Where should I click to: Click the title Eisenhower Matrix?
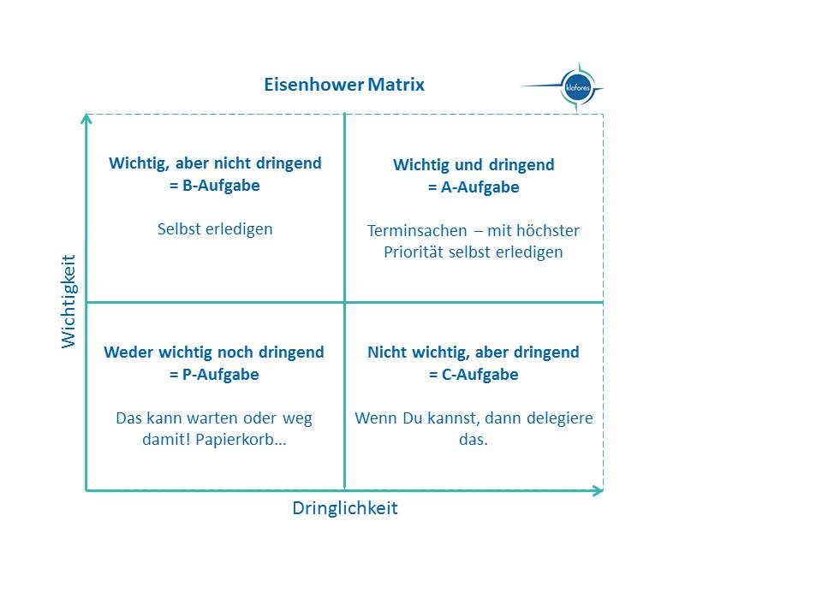pos(344,86)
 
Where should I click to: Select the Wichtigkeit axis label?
pos(69,300)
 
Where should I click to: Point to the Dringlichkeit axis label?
pos(345,508)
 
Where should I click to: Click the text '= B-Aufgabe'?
pos(215,186)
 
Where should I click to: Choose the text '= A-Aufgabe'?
pos(474,187)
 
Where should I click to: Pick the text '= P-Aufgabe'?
pos(214,375)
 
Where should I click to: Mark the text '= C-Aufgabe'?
pos(474,375)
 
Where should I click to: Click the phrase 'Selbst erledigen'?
pos(215,229)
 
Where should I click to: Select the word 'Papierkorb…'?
pos(245,441)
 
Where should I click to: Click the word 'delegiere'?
pos(558,419)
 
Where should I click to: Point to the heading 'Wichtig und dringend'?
pos(474,165)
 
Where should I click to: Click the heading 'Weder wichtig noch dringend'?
pos(214,352)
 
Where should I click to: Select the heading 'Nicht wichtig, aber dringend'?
pos(474,352)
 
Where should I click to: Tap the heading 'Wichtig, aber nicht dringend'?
pos(215,163)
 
